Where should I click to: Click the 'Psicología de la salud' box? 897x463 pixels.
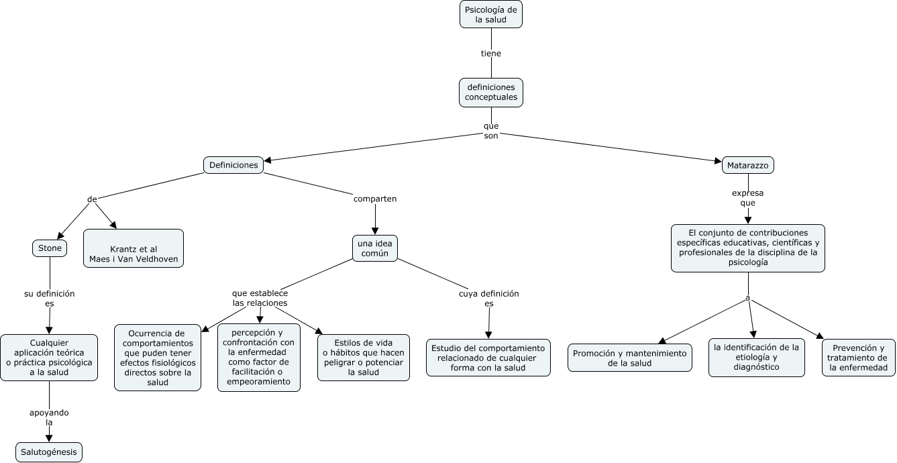pyautogui.click(x=490, y=14)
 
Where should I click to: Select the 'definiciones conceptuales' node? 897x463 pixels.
pyautogui.click(x=491, y=93)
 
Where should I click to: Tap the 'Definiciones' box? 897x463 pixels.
pyautogui.click(x=233, y=165)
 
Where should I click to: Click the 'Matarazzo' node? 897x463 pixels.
pyautogui.click(x=747, y=165)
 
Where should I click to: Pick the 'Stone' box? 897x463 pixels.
pyautogui.click(x=50, y=248)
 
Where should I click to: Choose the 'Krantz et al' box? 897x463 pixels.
pyautogui.click(x=134, y=248)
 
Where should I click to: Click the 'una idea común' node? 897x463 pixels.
pyautogui.click(x=375, y=248)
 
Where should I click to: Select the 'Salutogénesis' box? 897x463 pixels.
pyautogui.click(x=49, y=452)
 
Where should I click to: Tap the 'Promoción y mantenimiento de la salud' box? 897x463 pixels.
pyautogui.click(x=629, y=358)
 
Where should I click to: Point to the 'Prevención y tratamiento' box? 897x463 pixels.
pyautogui.click(x=858, y=358)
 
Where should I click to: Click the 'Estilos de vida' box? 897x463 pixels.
pyautogui.click(x=364, y=358)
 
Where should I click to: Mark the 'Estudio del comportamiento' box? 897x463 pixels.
pyautogui.click(x=488, y=358)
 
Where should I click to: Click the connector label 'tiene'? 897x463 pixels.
pyautogui.click(x=491, y=53)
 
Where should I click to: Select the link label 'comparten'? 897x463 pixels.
pyautogui.click(x=375, y=199)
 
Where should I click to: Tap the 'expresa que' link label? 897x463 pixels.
pyautogui.click(x=747, y=198)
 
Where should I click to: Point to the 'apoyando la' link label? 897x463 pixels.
pyautogui.click(x=49, y=417)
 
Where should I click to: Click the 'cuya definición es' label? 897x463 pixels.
pyautogui.click(x=488, y=299)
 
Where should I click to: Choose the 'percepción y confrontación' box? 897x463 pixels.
pyautogui.click(x=259, y=358)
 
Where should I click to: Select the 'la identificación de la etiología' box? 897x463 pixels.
pyautogui.click(x=756, y=358)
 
